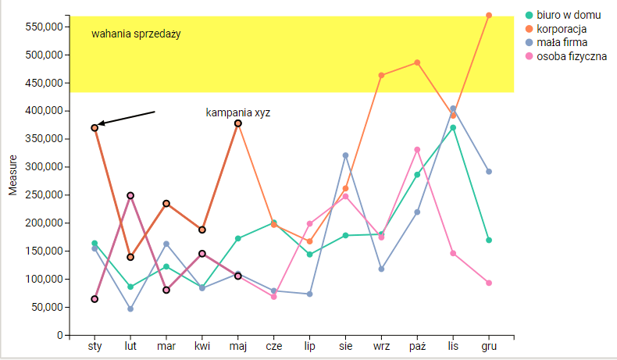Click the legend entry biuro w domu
click(568, 15)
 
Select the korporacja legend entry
click(562, 29)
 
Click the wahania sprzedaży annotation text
click(136, 34)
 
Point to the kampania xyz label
click(238, 112)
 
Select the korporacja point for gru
click(489, 15)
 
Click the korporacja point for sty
click(95, 127)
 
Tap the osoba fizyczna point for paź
click(417, 149)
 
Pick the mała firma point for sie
click(345, 155)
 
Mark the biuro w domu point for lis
click(453, 127)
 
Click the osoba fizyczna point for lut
click(130, 195)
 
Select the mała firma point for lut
click(130, 309)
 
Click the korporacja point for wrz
click(381, 76)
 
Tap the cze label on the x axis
click(274, 346)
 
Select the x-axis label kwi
click(202, 346)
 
